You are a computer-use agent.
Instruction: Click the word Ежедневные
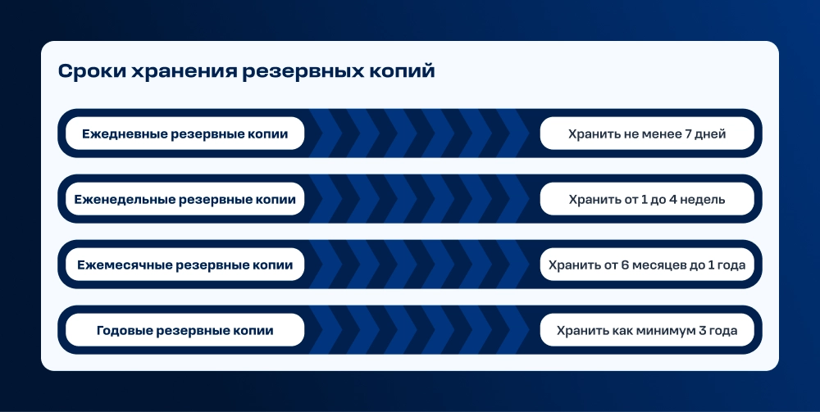125,134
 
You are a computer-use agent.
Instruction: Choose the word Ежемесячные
125,265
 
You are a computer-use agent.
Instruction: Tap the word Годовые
125,331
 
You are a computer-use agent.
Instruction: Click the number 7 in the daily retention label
688,134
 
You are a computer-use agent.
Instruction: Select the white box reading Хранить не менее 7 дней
647,134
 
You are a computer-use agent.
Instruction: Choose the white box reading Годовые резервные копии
184,329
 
